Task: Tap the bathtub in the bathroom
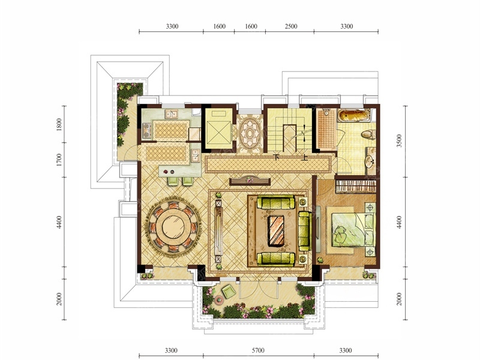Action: pos(354,116)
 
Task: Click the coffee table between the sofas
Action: pos(277,230)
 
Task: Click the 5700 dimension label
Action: pos(257,350)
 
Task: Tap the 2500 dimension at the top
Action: pos(291,26)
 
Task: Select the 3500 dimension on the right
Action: pos(399,141)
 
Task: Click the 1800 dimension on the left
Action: pos(59,125)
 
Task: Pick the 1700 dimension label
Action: pos(59,160)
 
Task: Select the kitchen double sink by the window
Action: pos(172,114)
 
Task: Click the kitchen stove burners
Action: pos(146,130)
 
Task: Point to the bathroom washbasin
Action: pos(370,161)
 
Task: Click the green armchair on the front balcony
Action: pos(229,291)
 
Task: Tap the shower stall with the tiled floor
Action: pos(326,130)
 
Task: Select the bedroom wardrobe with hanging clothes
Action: pos(356,187)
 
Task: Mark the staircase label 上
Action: pos(304,158)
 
